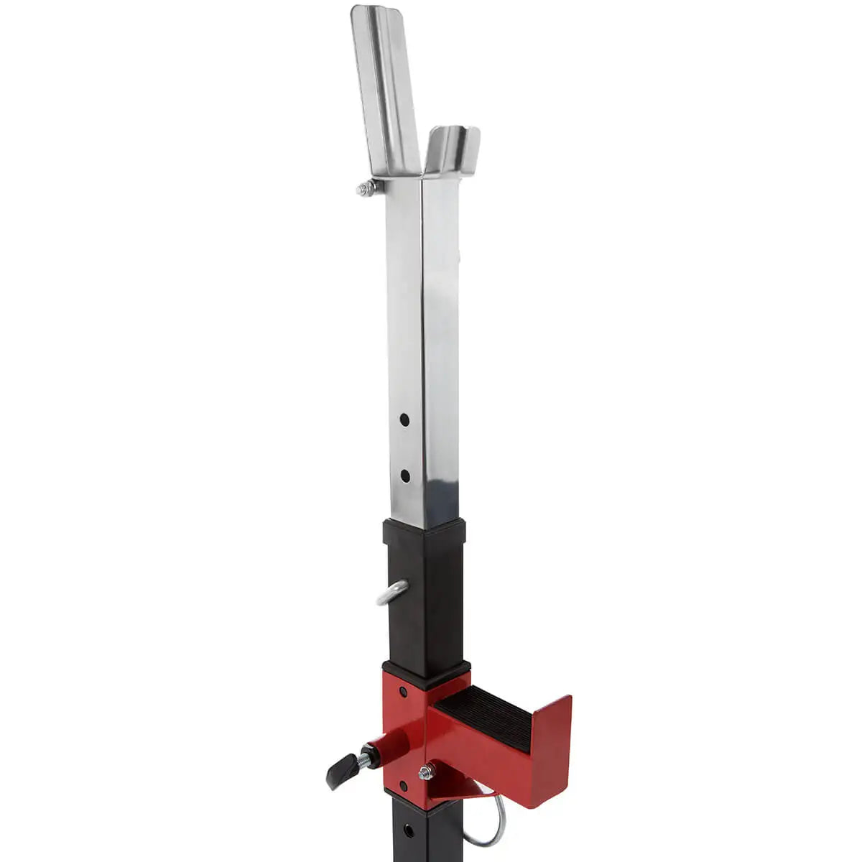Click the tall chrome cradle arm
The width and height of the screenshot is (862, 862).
click(x=386, y=86)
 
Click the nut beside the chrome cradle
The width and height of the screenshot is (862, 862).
click(x=366, y=189)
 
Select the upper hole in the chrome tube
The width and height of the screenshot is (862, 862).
click(x=405, y=418)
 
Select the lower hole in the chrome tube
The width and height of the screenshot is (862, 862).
click(x=405, y=475)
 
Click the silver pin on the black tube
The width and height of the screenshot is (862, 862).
click(x=392, y=593)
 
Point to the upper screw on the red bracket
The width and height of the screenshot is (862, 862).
click(x=402, y=692)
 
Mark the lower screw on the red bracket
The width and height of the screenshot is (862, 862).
click(x=402, y=786)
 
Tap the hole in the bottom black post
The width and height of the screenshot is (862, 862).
click(x=409, y=831)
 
